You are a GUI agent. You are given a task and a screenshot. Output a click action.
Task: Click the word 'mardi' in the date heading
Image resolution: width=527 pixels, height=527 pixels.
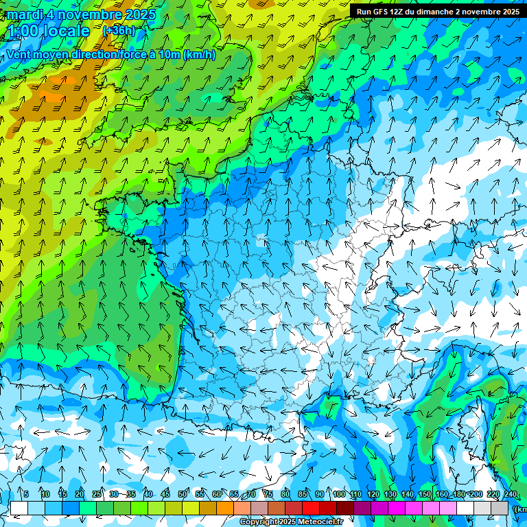[22, 15]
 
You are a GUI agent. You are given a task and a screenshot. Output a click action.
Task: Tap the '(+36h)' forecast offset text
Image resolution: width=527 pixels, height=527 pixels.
[119, 31]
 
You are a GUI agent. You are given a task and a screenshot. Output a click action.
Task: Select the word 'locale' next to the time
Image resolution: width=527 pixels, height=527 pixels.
[67, 32]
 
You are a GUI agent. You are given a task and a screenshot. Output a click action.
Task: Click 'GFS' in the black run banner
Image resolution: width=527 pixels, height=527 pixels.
[383, 12]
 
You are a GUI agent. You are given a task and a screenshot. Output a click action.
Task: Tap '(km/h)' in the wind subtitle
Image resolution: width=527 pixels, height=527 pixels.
[200, 55]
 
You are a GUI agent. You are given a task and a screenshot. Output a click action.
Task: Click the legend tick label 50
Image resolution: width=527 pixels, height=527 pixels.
[183, 495]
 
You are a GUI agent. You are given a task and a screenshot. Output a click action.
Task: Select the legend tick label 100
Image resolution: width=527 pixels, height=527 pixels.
[338, 495]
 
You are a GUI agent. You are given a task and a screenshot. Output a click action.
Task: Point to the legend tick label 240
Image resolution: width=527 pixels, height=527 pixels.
[510, 495]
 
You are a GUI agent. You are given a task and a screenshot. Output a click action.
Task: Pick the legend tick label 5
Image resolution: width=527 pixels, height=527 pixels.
[26, 495]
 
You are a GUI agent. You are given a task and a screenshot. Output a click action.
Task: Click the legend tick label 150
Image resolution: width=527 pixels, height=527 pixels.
[425, 495]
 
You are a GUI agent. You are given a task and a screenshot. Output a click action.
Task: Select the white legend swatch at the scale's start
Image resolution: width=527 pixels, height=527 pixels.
[19, 508]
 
